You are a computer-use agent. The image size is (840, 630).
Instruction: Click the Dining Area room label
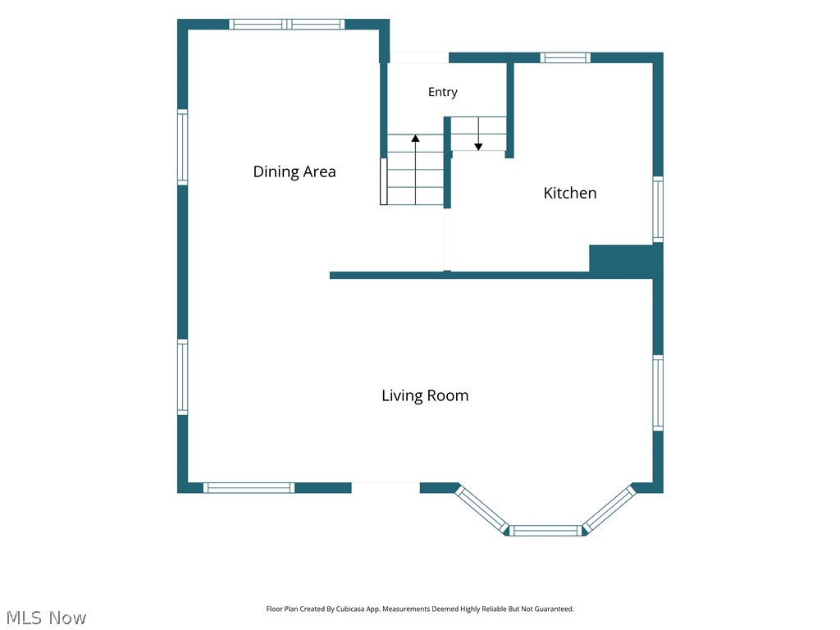tap(294, 171)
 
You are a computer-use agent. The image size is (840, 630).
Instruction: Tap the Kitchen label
tap(570, 193)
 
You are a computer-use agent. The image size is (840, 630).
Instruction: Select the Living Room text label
tap(425, 395)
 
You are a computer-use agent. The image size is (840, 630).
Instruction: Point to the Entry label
tap(442, 92)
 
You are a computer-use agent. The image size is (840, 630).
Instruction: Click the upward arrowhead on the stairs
tap(415, 138)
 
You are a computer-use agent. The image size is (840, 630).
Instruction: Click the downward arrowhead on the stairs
tap(478, 146)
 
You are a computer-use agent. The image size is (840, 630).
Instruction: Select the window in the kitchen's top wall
tap(565, 58)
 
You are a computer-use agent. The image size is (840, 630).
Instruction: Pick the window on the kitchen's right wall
tap(658, 209)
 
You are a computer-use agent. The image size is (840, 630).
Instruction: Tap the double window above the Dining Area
tap(287, 24)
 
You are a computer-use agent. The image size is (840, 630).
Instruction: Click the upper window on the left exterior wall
tap(183, 148)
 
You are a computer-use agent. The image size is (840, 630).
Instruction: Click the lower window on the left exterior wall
tap(183, 377)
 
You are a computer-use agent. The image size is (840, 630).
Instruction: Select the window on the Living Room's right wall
tap(658, 393)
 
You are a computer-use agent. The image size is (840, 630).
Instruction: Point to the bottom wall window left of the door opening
tap(249, 488)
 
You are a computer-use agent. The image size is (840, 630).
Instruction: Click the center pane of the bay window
tap(545, 531)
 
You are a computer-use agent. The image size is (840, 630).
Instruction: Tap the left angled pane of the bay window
tap(482, 509)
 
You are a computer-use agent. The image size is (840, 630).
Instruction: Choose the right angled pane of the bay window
tap(609, 509)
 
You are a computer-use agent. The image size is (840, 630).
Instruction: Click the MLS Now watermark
tap(46, 618)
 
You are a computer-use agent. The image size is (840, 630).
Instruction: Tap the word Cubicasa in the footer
tap(350, 609)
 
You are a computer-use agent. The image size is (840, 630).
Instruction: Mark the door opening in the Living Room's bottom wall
tap(386, 488)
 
